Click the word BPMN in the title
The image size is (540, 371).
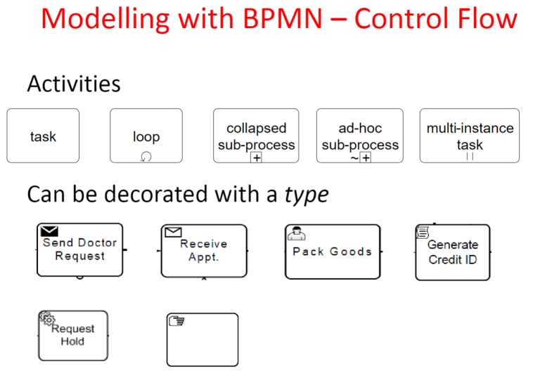click(283, 18)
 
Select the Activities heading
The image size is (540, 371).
click(74, 84)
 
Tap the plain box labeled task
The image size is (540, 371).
click(43, 136)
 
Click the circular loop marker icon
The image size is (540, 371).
click(146, 157)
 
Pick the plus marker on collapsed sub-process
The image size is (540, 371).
click(256, 157)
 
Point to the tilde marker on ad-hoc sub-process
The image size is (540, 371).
click(354, 158)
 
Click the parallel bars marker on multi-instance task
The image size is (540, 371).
click(470, 157)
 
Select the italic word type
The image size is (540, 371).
click(307, 195)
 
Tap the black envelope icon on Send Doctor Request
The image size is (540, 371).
click(49, 231)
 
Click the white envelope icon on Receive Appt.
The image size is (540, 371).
click(173, 232)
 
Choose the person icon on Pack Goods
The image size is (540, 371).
click(297, 233)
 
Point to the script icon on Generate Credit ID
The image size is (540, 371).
click(423, 232)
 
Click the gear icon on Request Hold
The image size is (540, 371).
click(47, 318)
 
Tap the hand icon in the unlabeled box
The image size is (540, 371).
click(176, 320)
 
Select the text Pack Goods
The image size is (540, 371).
click(333, 252)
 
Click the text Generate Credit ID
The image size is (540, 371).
click(453, 252)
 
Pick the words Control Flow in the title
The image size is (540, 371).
click(436, 18)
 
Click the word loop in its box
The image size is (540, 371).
click(146, 136)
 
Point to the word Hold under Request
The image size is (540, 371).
click(72, 341)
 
